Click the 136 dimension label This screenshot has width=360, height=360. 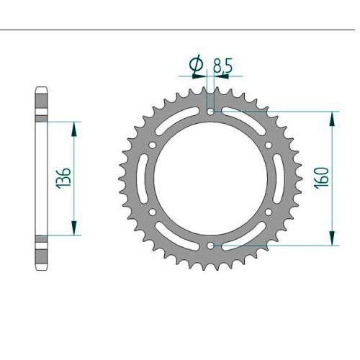coord(65,178)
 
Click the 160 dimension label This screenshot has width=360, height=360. coord(323,178)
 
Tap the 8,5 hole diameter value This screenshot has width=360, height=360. coord(222,66)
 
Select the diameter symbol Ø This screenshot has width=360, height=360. coord(197,64)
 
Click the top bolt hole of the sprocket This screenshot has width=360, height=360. coord(211,112)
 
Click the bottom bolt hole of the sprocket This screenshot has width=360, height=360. coord(211,246)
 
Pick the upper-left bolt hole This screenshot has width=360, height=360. coord(153,145)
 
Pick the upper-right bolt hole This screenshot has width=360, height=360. coord(269,145)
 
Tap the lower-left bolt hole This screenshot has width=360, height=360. coord(153,212)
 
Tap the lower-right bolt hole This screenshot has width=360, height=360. coord(269,212)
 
